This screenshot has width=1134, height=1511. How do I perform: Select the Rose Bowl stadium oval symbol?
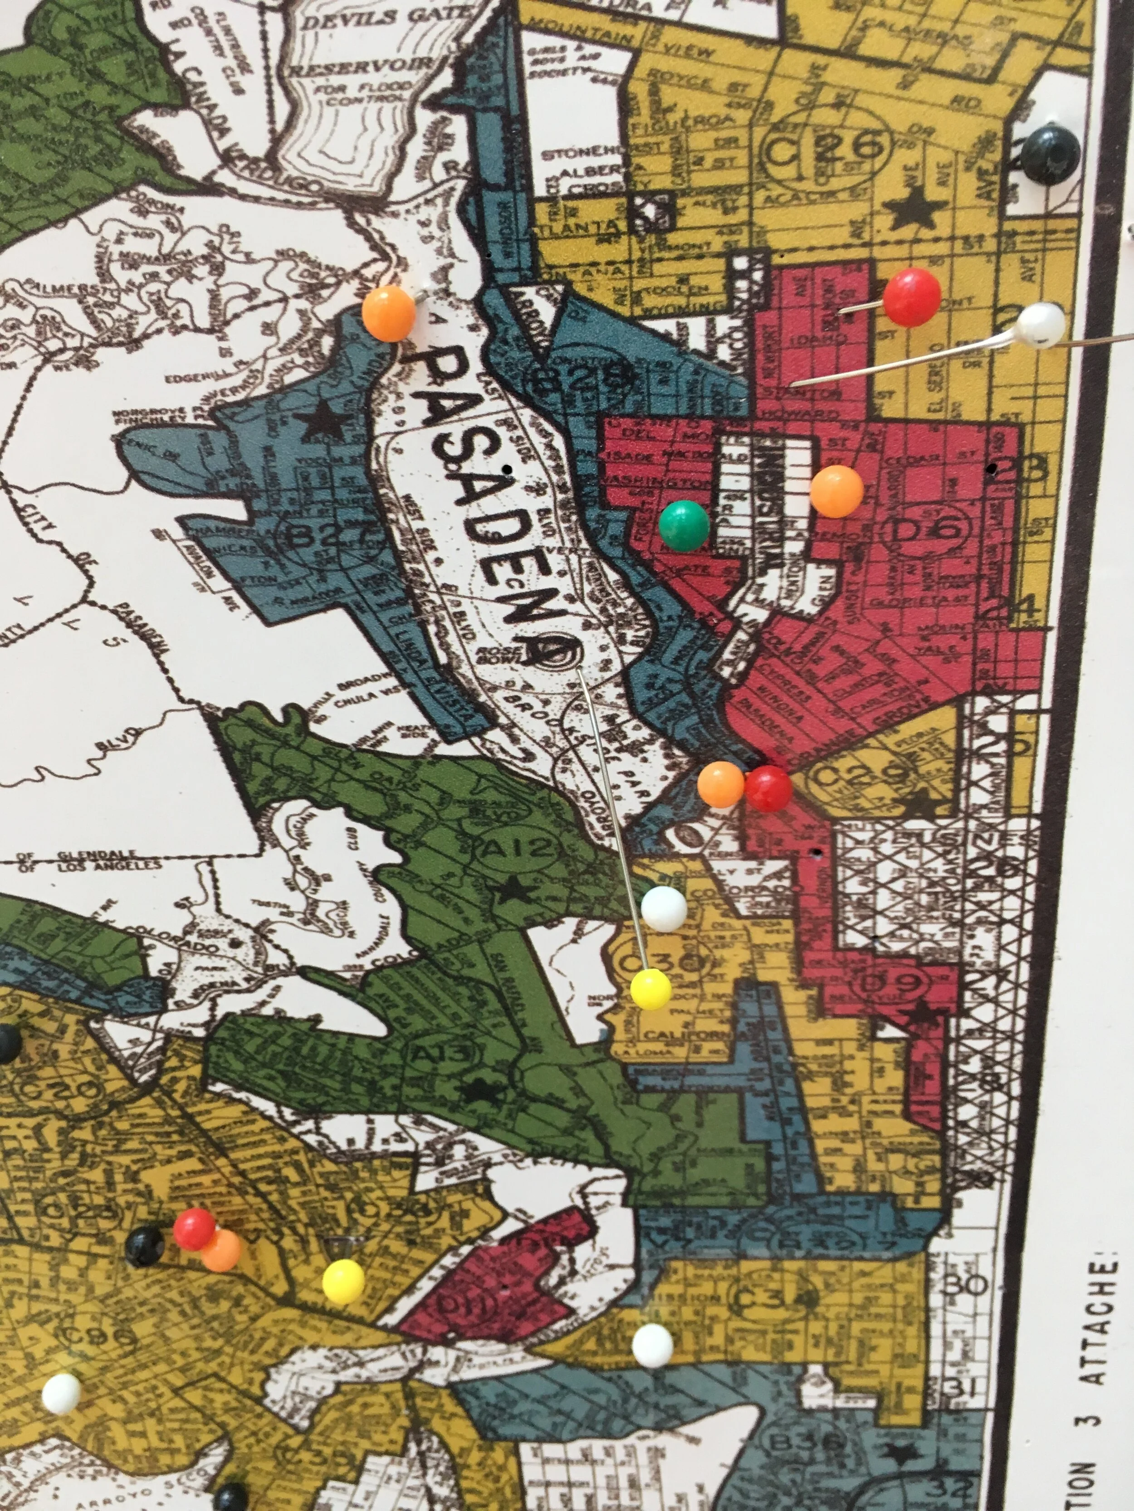pos(554,653)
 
